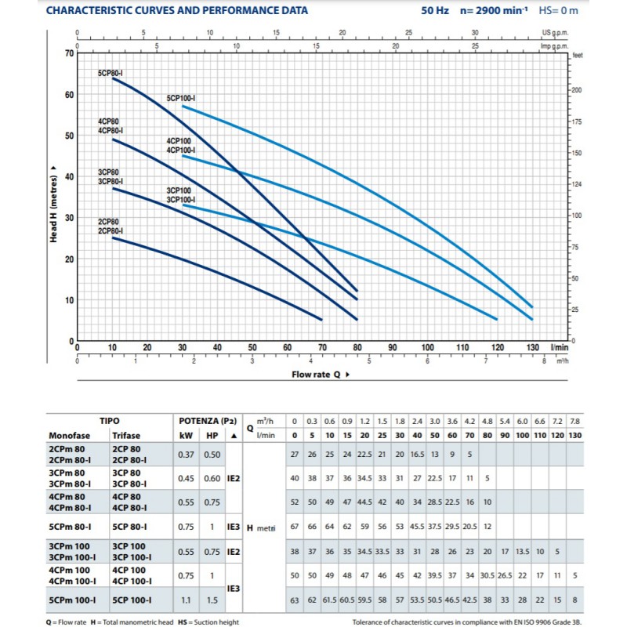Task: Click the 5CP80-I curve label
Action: (x=110, y=73)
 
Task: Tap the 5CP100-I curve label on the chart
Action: (x=181, y=99)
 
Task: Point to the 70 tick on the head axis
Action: (x=70, y=53)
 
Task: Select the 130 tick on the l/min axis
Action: (x=532, y=347)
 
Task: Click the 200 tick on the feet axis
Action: (x=576, y=90)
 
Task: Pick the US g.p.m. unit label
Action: (x=555, y=33)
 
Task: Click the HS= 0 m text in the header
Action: (x=558, y=10)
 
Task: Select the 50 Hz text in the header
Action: (x=435, y=10)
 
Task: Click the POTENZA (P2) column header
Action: (x=208, y=421)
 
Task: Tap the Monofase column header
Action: (x=69, y=436)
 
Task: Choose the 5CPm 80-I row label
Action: (x=70, y=527)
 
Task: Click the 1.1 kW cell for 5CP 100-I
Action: (x=186, y=600)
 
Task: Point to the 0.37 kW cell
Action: (x=186, y=455)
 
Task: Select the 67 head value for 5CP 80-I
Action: (x=295, y=526)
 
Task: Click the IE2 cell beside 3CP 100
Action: (x=234, y=552)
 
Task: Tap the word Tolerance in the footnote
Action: (x=367, y=622)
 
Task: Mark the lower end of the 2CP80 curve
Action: (x=322, y=320)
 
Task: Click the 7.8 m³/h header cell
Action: (x=575, y=422)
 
